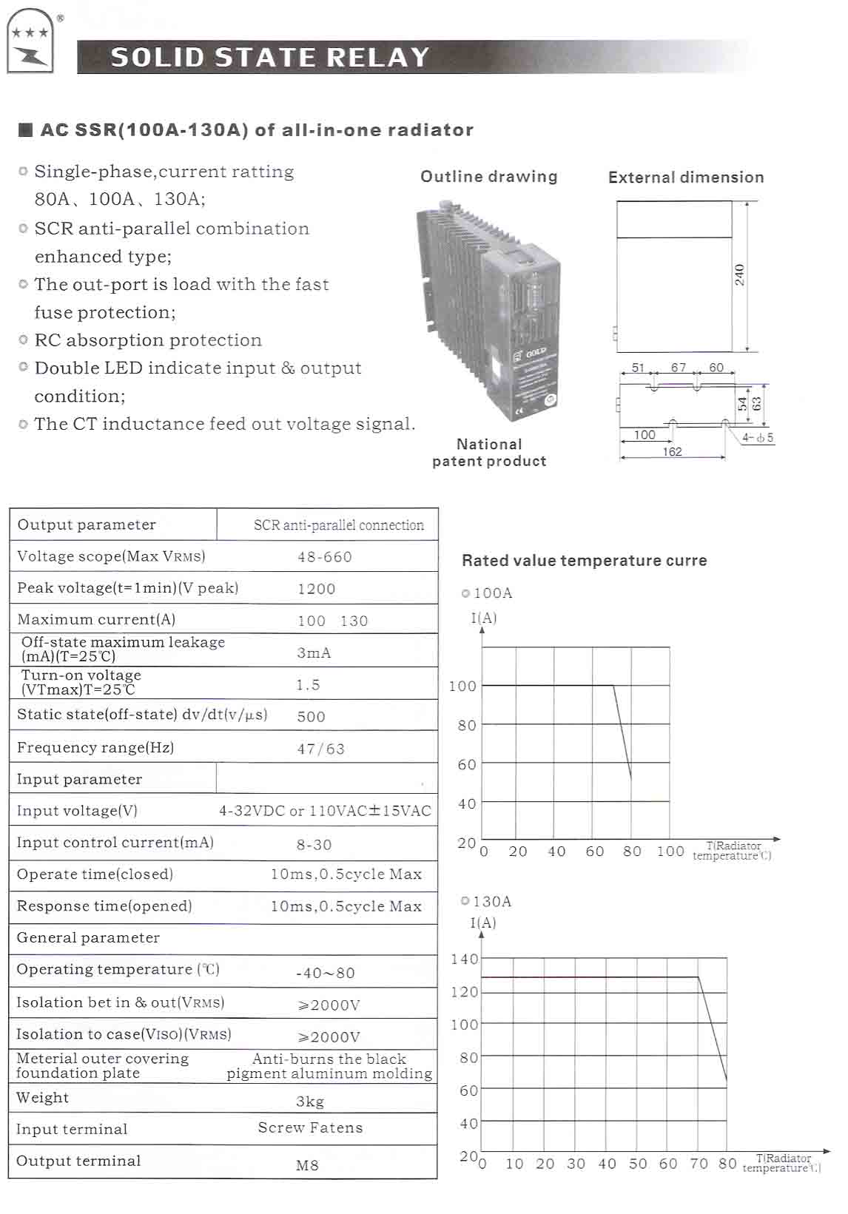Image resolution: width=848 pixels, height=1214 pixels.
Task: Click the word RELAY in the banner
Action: click(x=378, y=58)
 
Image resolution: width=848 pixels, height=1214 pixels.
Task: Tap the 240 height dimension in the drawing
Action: click(x=739, y=275)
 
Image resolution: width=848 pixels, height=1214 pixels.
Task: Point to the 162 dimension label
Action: click(x=672, y=451)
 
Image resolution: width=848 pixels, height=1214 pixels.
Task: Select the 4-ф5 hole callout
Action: click(x=758, y=437)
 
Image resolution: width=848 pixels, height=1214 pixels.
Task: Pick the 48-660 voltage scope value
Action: click(x=325, y=557)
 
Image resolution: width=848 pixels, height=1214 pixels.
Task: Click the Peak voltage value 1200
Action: click(x=317, y=589)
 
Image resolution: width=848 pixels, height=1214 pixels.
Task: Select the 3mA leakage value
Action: click(x=314, y=652)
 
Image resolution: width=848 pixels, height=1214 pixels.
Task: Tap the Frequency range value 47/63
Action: click(x=321, y=749)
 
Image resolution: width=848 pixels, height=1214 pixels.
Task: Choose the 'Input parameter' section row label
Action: click(x=80, y=779)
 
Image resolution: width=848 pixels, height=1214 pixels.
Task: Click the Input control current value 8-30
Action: click(x=314, y=844)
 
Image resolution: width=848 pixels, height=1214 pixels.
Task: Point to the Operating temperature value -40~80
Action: click(x=326, y=973)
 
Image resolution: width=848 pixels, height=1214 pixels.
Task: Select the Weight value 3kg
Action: click(x=310, y=1102)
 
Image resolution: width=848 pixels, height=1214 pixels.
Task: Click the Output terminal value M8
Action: click(x=307, y=1165)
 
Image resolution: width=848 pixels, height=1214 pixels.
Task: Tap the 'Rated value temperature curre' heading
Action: click(x=584, y=560)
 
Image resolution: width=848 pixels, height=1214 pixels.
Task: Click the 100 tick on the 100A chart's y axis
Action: click(x=462, y=686)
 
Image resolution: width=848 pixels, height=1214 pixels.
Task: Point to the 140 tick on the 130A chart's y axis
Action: click(x=465, y=960)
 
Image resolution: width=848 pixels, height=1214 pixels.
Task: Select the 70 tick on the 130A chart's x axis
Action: click(x=699, y=1164)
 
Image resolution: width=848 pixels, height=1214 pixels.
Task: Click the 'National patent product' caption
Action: click(x=489, y=452)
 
